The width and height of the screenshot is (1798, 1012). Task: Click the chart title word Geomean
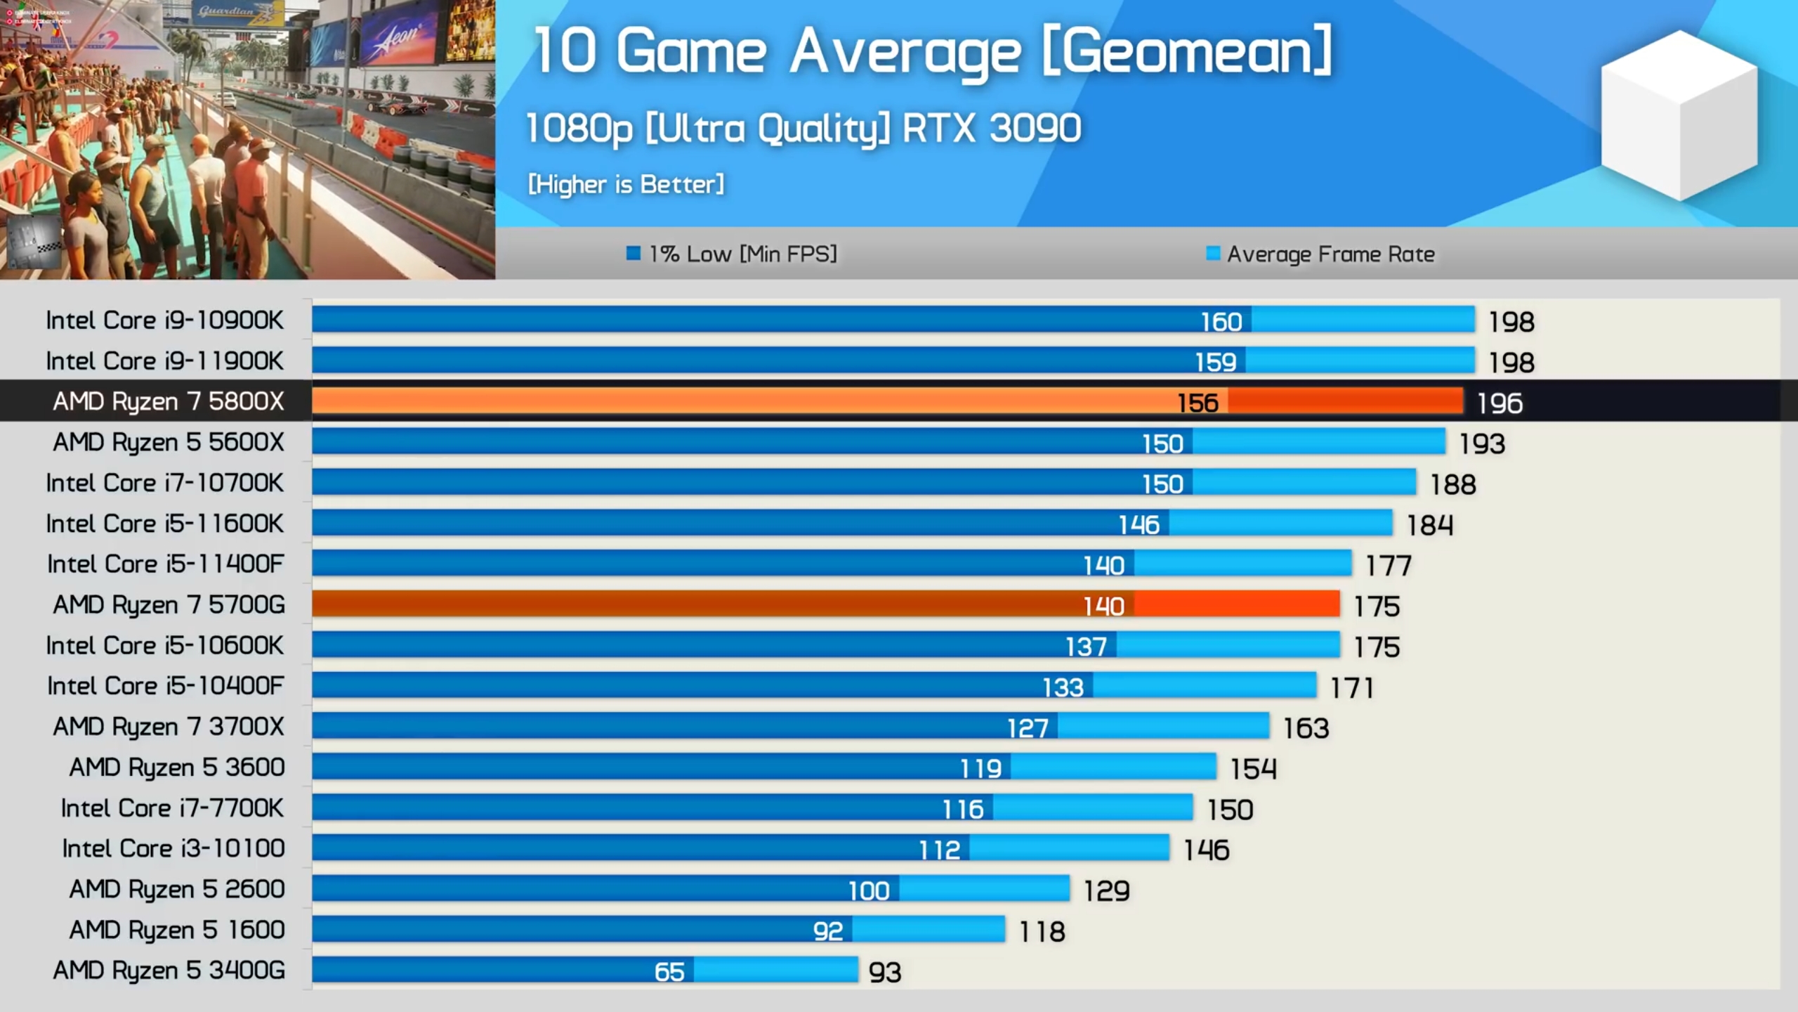pos(1187,53)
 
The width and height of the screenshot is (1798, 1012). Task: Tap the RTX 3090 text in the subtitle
pos(991,129)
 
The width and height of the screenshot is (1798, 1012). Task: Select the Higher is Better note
pos(626,184)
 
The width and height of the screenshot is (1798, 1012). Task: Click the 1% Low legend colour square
pos(634,253)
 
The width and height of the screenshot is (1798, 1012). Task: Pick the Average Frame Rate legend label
pos(1330,254)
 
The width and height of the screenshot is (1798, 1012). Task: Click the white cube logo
pos(1679,116)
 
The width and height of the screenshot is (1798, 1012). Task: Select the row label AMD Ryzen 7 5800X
pos(169,401)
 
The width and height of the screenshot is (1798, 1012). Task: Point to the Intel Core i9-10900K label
pos(164,320)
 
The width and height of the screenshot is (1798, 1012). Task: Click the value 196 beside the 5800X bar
pos(1500,403)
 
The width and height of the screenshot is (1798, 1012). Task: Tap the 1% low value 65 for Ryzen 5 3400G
pos(669,972)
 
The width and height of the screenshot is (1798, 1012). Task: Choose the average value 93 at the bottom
pos(884,973)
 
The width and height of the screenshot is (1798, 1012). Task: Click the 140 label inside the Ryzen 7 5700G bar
pos(1103,606)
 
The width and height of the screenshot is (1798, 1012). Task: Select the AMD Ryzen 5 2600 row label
pos(177,889)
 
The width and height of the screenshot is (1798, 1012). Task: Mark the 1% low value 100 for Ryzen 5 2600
pos(869,891)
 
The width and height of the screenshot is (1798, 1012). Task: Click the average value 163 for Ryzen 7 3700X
pos(1306,729)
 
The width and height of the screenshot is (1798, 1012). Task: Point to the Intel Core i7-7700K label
pos(172,808)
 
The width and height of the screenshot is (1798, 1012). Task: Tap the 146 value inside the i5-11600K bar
pos(1138,525)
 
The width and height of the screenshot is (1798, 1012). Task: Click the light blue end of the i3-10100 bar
pos(1069,848)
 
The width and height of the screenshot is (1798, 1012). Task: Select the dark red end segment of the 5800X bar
pos(1345,401)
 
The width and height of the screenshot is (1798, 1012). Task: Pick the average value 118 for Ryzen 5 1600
pos(1042,932)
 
